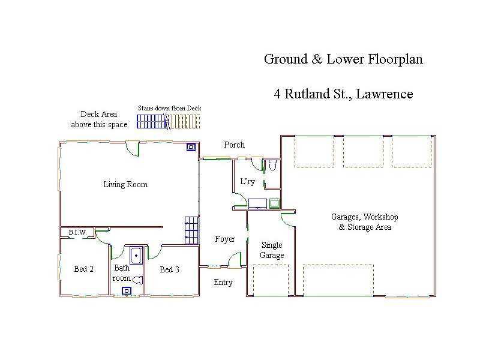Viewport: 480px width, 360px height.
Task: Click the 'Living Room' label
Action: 125,184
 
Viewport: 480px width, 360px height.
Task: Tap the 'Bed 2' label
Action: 83,269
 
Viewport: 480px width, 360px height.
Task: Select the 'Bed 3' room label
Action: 169,269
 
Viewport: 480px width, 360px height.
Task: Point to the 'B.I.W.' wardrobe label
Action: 77,232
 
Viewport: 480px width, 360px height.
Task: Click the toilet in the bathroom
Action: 137,279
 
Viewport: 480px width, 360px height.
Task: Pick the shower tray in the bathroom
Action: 136,256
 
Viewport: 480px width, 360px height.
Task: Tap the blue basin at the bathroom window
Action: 126,291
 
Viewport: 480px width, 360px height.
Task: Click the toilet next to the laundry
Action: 271,166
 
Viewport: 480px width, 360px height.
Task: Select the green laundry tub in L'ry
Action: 274,203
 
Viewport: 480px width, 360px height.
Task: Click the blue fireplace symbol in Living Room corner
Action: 191,146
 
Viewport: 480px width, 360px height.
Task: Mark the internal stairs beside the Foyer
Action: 191,230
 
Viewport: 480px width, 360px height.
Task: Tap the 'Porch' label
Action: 234,145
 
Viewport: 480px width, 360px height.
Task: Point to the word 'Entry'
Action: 223,283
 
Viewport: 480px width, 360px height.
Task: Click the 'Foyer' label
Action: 225,239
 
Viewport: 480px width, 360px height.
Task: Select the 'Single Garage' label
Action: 271,250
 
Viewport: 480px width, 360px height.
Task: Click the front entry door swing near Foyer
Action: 235,260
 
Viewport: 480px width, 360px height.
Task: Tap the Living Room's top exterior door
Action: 133,149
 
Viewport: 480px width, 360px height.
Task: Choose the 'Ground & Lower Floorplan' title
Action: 344,59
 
